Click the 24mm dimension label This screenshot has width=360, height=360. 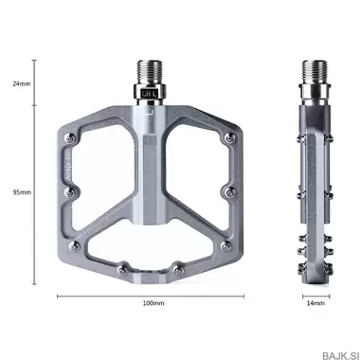pos(20,83)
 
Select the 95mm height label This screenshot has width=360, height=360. pos(20,191)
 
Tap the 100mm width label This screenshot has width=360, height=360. pos(153,303)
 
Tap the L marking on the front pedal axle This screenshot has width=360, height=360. pos(155,95)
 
